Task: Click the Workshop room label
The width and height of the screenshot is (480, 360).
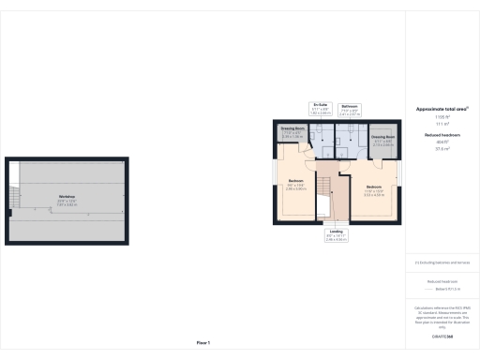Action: pyautogui.click(x=66, y=196)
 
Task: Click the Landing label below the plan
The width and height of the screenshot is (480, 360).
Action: pyautogui.click(x=336, y=231)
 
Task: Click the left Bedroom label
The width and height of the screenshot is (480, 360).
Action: pyautogui.click(x=295, y=180)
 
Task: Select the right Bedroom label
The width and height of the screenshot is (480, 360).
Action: pyautogui.click(x=374, y=187)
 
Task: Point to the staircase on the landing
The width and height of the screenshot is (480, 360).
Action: pyautogui.click(x=323, y=201)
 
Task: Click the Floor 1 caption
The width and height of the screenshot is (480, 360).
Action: pyautogui.click(x=203, y=343)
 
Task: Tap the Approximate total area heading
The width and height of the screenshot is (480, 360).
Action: pyautogui.click(x=441, y=110)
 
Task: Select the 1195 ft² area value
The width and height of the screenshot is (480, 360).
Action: pyautogui.click(x=441, y=117)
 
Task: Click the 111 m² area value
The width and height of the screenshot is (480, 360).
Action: pyautogui.click(x=441, y=124)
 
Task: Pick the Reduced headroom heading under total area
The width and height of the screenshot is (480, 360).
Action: pyautogui.click(x=441, y=135)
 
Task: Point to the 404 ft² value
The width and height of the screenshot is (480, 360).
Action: pyautogui.click(x=441, y=142)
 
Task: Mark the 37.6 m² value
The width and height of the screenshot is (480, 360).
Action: pyautogui.click(x=441, y=149)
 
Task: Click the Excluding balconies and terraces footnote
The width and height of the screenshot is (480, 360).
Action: pyautogui.click(x=441, y=262)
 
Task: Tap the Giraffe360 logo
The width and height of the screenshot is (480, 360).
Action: pyautogui.click(x=441, y=335)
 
